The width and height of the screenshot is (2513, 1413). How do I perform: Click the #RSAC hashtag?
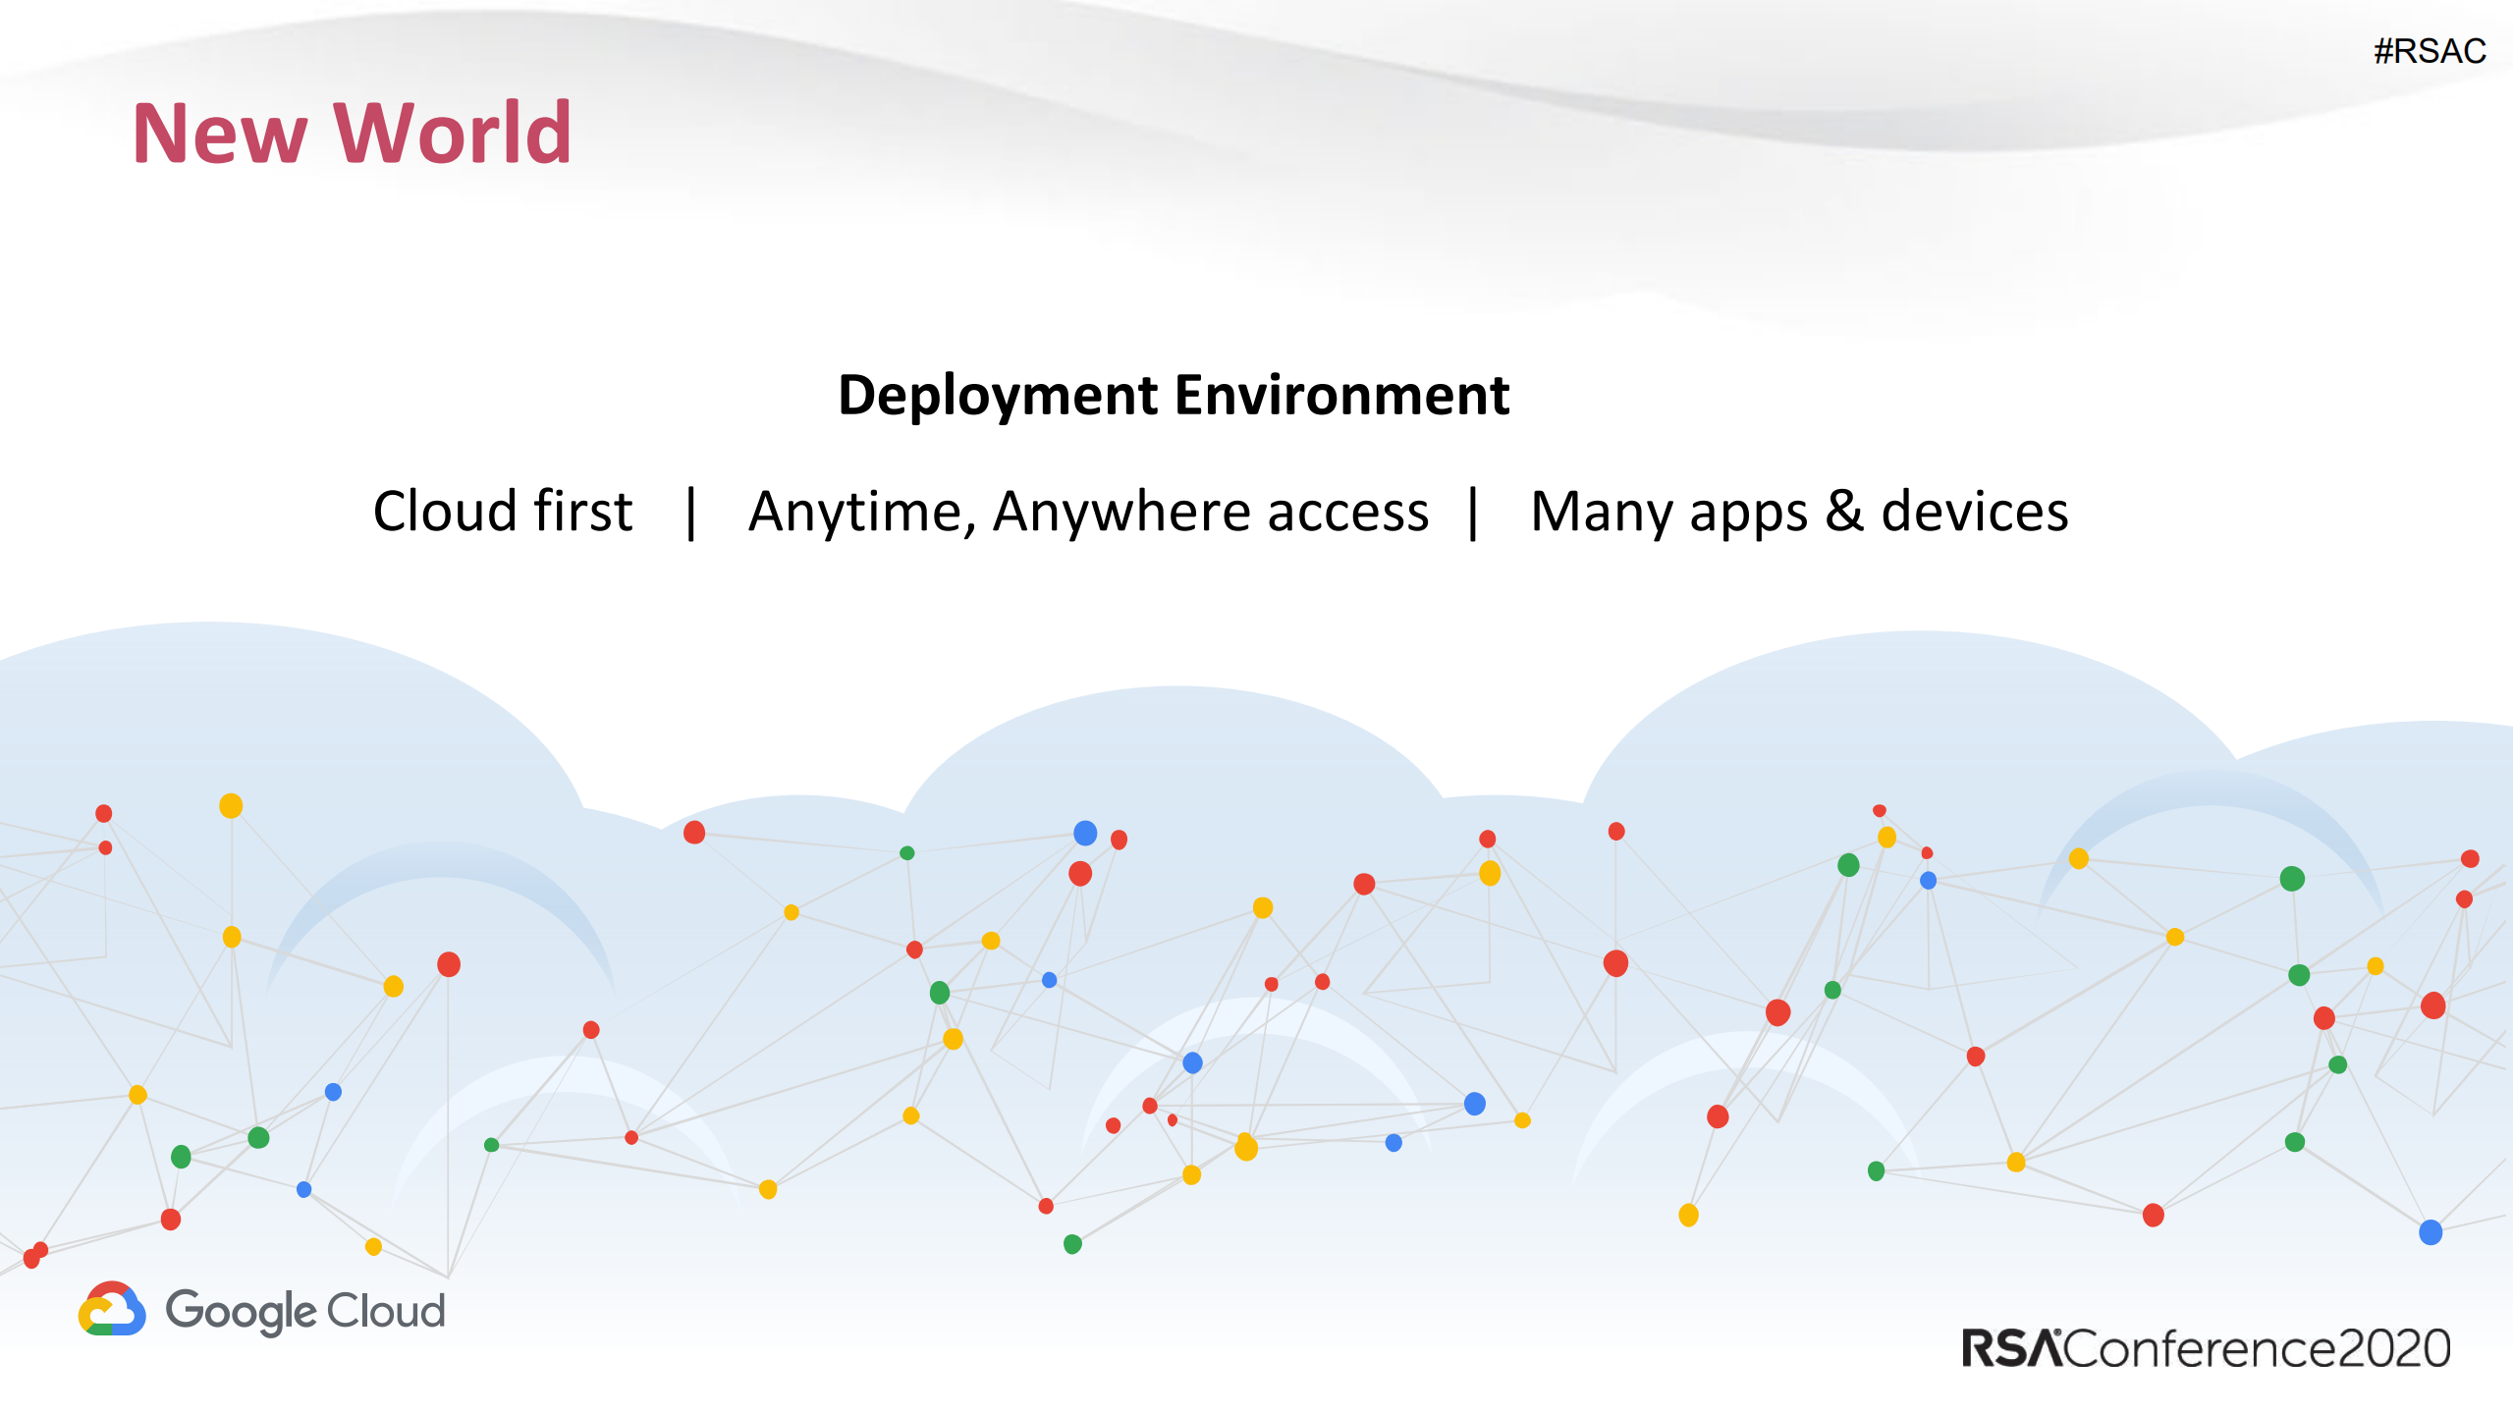(2429, 51)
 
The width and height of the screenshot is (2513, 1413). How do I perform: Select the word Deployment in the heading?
(997, 396)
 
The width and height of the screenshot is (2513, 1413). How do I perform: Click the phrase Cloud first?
(503, 512)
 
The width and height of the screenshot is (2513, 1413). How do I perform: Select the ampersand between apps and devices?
(1843, 512)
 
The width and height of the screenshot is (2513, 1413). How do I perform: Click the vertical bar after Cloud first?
(691, 512)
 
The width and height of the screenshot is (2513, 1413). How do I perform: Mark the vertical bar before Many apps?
(1473, 512)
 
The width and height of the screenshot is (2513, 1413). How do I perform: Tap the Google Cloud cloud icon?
(112, 1310)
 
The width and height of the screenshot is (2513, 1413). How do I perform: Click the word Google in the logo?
(242, 1312)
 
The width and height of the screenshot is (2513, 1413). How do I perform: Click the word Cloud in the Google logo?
(386, 1311)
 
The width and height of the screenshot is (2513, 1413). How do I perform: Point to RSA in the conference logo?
(2009, 1348)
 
